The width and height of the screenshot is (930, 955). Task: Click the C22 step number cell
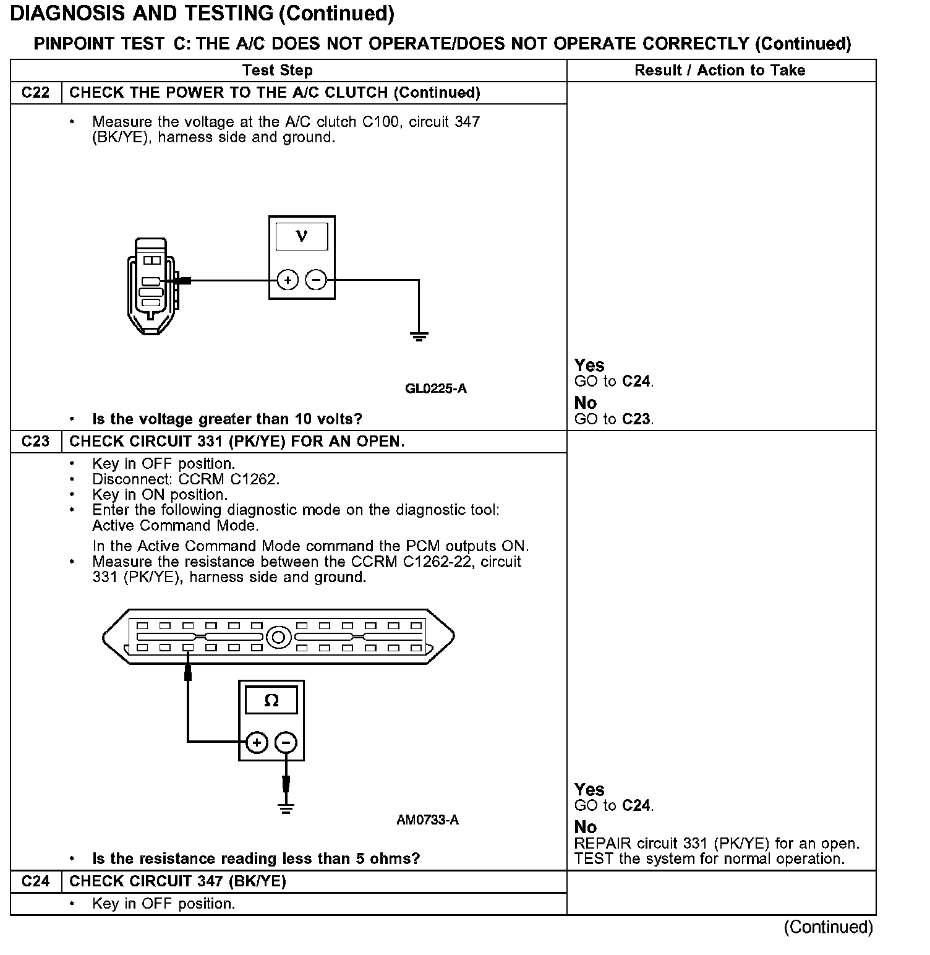point(35,93)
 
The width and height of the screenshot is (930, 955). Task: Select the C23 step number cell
point(35,442)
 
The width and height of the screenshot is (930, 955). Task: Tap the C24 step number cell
point(35,881)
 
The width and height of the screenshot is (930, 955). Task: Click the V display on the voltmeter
point(302,236)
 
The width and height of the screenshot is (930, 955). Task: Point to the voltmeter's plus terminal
point(287,280)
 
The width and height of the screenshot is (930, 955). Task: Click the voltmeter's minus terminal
point(316,280)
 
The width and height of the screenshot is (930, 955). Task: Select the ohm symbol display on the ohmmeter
point(271,700)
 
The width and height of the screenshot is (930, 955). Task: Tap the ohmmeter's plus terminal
point(257,742)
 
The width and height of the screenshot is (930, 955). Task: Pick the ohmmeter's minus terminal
point(286,742)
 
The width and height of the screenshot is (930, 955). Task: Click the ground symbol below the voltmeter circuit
point(419,336)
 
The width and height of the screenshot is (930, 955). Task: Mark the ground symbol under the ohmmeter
point(286,808)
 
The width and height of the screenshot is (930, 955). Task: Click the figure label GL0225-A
point(436,388)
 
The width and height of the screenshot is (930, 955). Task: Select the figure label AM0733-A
point(428,820)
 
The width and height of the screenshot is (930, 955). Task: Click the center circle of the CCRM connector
point(279,636)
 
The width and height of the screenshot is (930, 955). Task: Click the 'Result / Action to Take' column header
point(720,71)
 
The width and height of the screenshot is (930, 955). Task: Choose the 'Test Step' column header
point(277,71)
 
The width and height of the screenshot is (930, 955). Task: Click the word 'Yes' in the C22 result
point(589,365)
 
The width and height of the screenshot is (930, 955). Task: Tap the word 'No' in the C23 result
point(586,827)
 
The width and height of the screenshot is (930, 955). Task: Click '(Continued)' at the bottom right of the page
point(828,927)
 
